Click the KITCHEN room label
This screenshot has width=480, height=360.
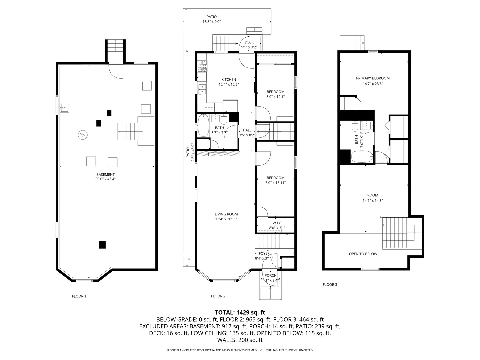click(x=229, y=80)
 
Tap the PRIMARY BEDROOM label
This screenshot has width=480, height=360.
click(x=373, y=78)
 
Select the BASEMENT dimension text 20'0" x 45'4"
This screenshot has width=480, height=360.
click(x=105, y=179)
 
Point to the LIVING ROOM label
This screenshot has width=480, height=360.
click(x=226, y=214)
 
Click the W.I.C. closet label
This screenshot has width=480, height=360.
click(x=277, y=223)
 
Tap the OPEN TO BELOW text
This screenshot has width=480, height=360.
click(x=363, y=254)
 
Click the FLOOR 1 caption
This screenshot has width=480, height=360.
click(x=79, y=296)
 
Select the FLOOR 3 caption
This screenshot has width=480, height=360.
click(x=330, y=285)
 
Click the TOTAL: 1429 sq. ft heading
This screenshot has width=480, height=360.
click(x=240, y=312)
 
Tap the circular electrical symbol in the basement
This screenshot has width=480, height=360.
click(x=83, y=135)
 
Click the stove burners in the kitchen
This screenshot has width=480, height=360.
click(x=202, y=66)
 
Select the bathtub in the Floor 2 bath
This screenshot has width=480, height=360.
click(x=203, y=126)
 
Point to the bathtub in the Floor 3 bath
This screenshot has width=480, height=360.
click(x=362, y=157)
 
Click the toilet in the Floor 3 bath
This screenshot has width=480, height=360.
click(x=355, y=126)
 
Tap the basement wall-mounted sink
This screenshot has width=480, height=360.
click(x=65, y=108)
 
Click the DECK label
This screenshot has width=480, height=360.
click(x=249, y=42)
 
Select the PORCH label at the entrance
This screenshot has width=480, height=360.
click(x=271, y=276)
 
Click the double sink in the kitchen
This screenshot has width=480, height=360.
click(x=202, y=89)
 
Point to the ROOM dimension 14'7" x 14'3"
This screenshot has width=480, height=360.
click(x=373, y=201)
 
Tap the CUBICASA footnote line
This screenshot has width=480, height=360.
click(x=240, y=350)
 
